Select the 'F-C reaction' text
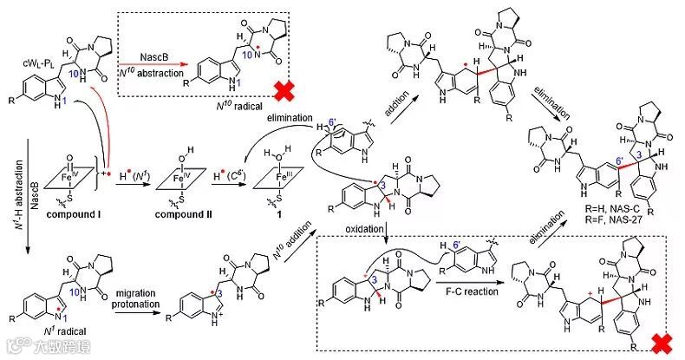point(466,292)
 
